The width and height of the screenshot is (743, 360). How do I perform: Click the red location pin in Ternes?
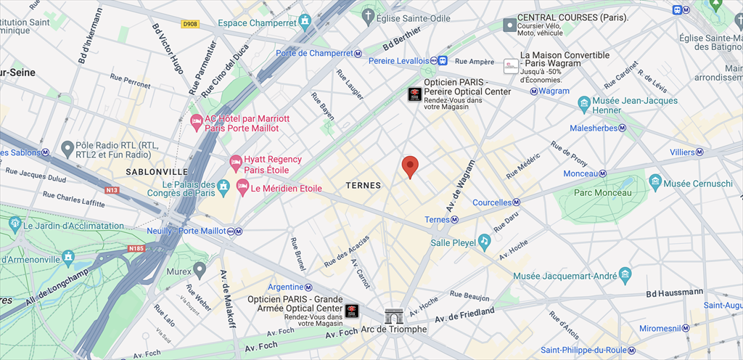(x=410, y=166)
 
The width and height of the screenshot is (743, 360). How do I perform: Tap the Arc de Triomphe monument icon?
(x=394, y=316)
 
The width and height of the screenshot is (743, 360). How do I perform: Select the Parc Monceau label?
(x=602, y=192)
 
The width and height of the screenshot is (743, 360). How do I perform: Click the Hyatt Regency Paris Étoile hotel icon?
(x=235, y=160)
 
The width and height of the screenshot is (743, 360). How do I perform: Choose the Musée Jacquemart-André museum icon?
(x=625, y=274)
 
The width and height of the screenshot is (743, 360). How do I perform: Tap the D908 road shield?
(x=190, y=24)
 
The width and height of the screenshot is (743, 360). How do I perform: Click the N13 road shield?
(x=112, y=191)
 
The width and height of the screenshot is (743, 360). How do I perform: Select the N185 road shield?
(x=136, y=248)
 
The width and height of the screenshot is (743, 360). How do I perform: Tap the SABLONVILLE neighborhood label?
(x=151, y=172)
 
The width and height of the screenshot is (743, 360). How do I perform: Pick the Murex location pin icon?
(x=200, y=269)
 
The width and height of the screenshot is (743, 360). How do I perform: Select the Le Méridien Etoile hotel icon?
(x=242, y=188)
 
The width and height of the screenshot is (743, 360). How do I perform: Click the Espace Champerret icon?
(x=303, y=22)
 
